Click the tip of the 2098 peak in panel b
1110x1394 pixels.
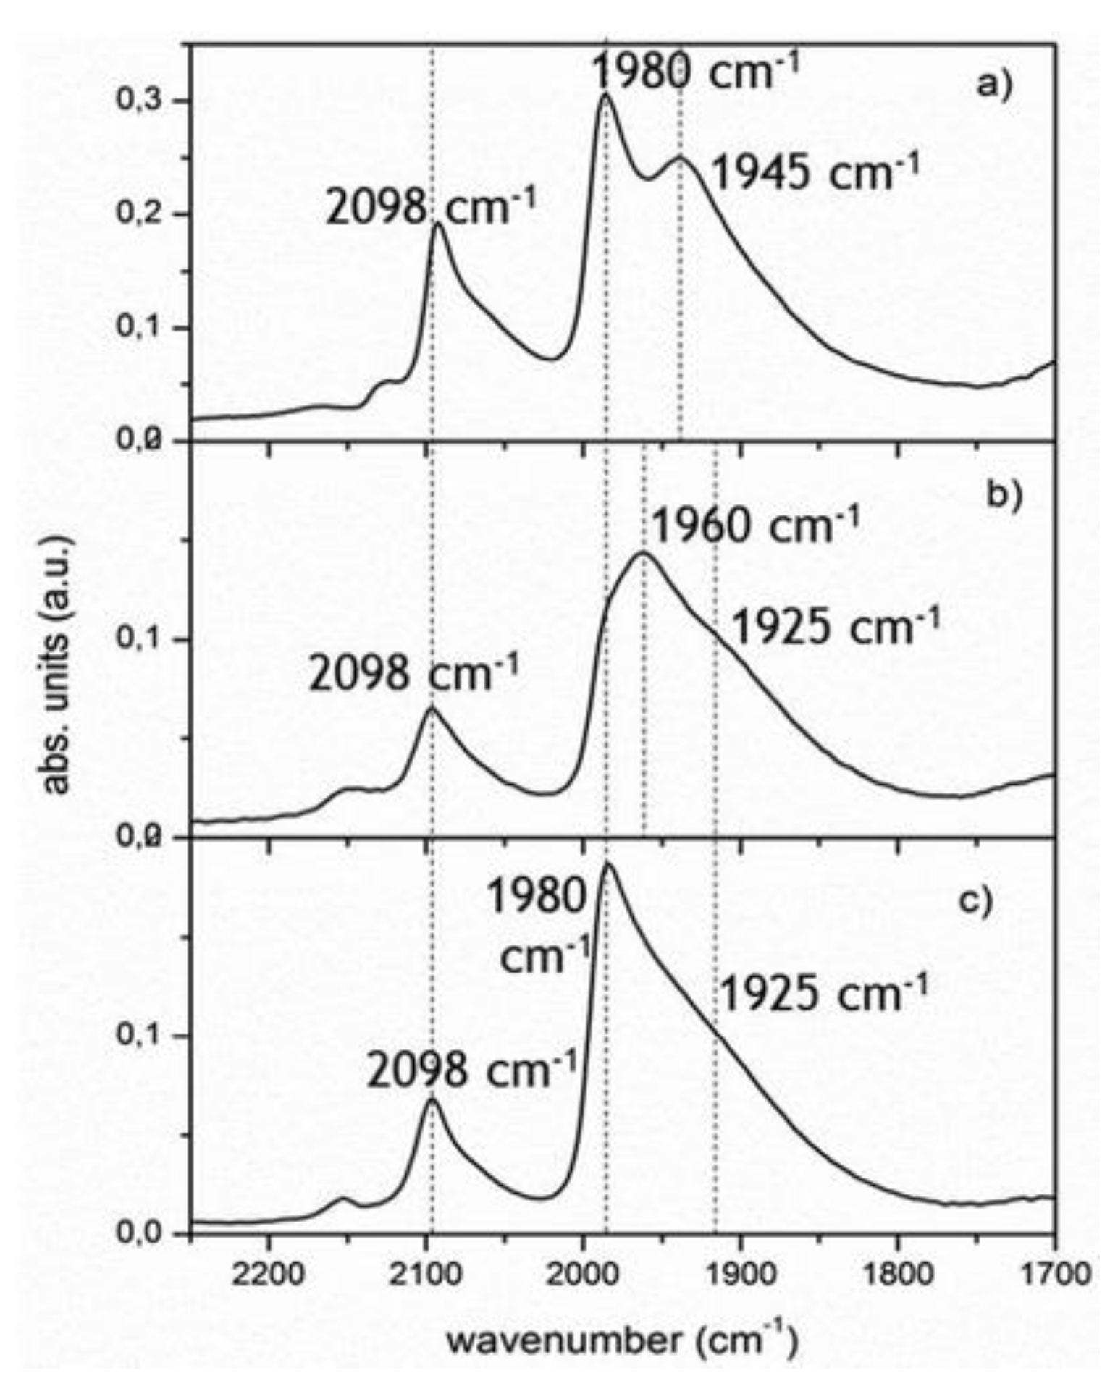click(432, 708)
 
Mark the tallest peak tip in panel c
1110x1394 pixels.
click(607, 863)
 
